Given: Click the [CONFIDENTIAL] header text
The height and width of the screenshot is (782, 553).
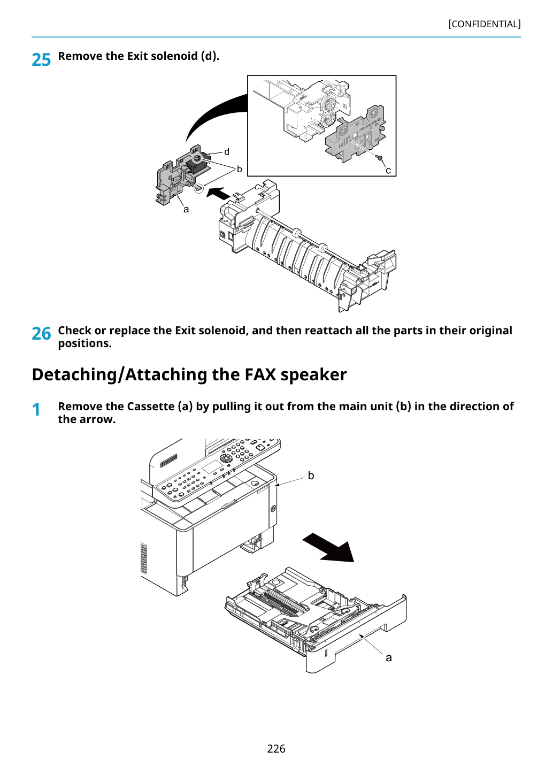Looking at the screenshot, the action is (x=484, y=24).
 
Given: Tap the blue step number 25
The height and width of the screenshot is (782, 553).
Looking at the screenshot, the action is (x=41, y=60).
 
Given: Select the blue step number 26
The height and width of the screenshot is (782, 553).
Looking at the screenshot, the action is (x=41, y=334).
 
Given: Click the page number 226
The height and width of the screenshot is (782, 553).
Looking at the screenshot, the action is (x=276, y=748).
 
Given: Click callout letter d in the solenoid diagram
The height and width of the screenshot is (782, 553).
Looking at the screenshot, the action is (x=227, y=151).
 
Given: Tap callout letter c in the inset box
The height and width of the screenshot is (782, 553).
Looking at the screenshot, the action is (x=388, y=171).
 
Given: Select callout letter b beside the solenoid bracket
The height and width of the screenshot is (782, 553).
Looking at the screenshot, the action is (x=239, y=169).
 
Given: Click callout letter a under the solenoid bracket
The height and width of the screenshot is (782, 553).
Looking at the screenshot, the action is (x=186, y=210).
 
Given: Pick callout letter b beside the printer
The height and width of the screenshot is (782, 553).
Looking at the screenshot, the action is (x=311, y=476).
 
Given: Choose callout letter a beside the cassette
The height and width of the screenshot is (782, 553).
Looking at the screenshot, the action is (x=389, y=658).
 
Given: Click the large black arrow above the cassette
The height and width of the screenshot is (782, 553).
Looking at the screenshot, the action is (x=328, y=548).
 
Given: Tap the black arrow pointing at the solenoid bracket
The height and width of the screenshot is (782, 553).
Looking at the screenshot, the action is (x=219, y=193).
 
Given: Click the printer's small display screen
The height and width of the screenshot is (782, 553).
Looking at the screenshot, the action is (x=212, y=467).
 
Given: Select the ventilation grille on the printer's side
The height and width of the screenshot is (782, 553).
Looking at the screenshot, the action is (x=143, y=558).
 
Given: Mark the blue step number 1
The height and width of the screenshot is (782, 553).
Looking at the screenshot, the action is (x=36, y=410).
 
